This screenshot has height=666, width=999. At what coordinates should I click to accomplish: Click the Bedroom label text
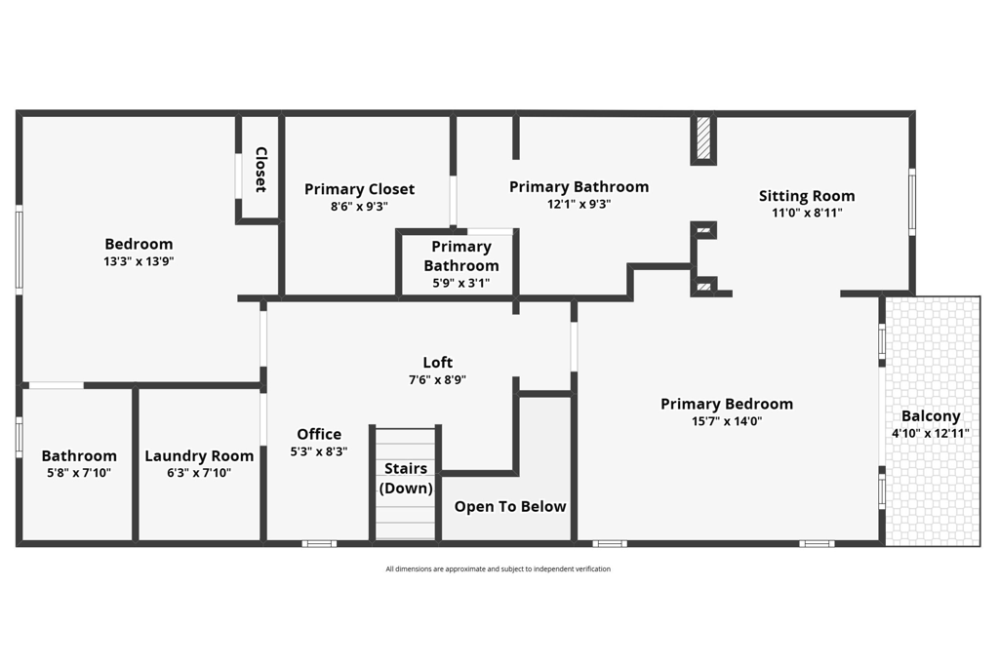pyautogui.click(x=139, y=244)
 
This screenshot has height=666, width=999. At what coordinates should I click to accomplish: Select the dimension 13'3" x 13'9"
pyautogui.click(x=139, y=261)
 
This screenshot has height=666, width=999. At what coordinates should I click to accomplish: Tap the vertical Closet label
pyautogui.click(x=261, y=170)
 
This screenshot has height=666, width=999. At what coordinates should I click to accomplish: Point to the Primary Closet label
pyautogui.click(x=359, y=189)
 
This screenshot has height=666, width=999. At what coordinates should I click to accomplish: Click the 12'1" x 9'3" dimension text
pyautogui.click(x=579, y=205)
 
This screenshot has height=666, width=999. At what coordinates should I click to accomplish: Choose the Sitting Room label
pyautogui.click(x=807, y=196)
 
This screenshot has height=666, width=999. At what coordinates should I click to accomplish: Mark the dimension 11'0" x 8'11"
pyautogui.click(x=807, y=213)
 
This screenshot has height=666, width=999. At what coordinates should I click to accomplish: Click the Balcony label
pyautogui.click(x=931, y=415)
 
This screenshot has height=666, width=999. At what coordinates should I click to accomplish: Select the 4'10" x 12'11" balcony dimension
pyautogui.click(x=931, y=433)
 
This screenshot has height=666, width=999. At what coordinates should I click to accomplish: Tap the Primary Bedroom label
pyautogui.click(x=727, y=404)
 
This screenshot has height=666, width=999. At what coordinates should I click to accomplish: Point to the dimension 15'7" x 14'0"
pyautogui.click(x=727, y=421)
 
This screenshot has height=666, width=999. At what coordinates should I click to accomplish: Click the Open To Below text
pyautogui.click(x=510, y=506)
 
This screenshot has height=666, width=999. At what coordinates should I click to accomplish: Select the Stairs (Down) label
pyautogui.click(x=406, y=478)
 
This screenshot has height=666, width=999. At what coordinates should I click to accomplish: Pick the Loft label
pyautogui.click(x=438, y=363)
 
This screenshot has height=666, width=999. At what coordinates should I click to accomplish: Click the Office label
pyautogui.click(x=320, y=434)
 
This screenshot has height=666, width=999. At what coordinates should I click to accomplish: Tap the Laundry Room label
pyautogui.click(x=199, y=455)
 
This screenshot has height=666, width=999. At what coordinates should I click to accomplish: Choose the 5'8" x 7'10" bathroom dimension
pyautogui.click(x=78, y=473)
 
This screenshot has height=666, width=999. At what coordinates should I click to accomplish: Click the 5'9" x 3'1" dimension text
pyautogui.click(x=461, y=284)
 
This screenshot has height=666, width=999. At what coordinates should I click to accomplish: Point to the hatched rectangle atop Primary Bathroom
pyautogui.click(x=703, y=139)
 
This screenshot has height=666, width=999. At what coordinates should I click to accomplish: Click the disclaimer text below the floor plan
pyautogui.click(x=498, y=569)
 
